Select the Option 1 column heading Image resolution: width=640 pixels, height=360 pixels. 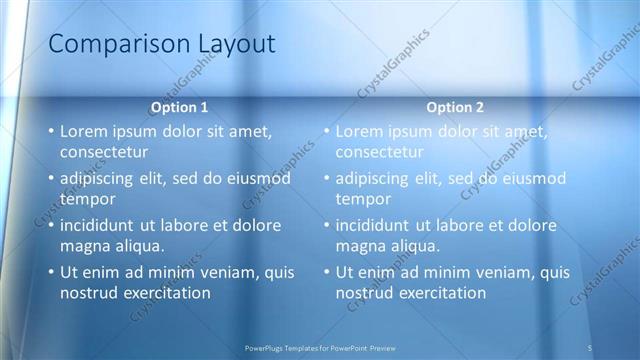[x=180, y=107]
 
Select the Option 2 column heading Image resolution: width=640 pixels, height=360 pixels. [x=455, y=107]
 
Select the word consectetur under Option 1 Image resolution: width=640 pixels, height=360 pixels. [x=104, y=153]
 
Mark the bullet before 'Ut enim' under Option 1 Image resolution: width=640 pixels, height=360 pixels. [x=51, y=272]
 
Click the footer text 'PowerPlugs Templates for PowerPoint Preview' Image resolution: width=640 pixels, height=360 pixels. [x=320, y=347]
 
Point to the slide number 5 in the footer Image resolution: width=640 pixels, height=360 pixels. [x=590, y=347]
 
